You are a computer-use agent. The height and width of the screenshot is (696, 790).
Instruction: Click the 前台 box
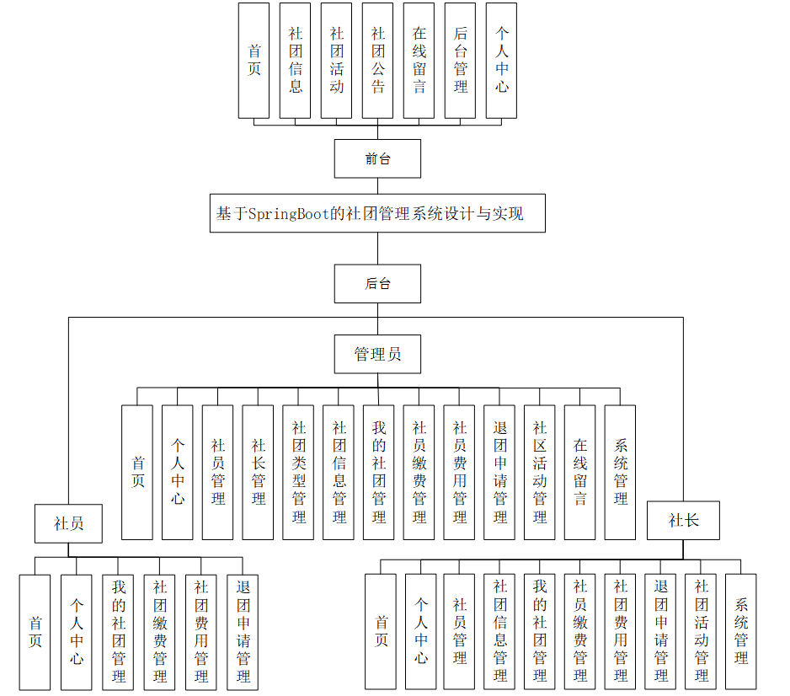click(377, 158)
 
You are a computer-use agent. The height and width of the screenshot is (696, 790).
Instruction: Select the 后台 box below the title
click(377, 284)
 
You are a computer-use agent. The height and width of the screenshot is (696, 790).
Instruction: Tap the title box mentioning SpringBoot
click(377, 213)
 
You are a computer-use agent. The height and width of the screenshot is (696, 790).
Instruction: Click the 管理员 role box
click(377, 354)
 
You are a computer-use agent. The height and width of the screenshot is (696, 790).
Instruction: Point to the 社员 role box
click(69, 523)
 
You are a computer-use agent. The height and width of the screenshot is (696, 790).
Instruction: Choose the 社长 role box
click(684, 520)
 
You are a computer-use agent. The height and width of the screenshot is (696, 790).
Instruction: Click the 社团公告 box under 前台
click(378, 60)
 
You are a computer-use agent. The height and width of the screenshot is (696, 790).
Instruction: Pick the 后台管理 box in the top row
click(461, 60)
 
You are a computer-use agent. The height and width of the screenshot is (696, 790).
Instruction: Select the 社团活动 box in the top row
click(337, 60)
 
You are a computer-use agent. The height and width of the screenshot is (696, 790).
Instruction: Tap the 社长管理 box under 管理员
click(259, 472)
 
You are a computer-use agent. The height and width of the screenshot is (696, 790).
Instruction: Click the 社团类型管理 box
click(299, 472)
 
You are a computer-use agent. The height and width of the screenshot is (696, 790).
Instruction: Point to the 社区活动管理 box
click(540, 472)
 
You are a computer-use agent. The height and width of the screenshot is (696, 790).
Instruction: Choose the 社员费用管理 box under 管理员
click(460, 472)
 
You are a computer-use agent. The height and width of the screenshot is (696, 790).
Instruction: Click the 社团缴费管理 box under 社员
click(159, 632)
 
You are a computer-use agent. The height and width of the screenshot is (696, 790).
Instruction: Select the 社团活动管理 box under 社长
click(701, 632)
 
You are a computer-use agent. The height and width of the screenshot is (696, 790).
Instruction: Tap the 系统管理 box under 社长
click(741, 632)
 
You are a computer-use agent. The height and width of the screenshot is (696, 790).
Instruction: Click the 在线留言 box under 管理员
click(580, 472)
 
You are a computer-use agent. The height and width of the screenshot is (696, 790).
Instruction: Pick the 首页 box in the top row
click(254, 60)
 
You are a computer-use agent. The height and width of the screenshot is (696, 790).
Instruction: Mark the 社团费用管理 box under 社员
click(201, 632)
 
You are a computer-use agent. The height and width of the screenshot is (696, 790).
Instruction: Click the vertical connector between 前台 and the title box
click(377, 186)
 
